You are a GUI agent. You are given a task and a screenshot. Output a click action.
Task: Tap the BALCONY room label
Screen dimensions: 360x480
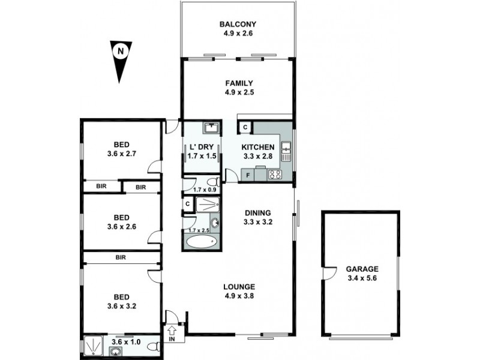click(238, 25)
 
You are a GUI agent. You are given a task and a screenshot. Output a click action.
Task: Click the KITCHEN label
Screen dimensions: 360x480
click(258, 148)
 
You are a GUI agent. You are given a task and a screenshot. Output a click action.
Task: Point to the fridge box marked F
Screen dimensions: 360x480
click(245, 175)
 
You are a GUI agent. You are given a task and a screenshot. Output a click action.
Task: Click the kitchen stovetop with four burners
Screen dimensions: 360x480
click(275, 175)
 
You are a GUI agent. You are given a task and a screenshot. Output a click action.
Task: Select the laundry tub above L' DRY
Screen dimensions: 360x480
click(211, 128)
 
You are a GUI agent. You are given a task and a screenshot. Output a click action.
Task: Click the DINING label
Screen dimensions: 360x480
click(258, 212)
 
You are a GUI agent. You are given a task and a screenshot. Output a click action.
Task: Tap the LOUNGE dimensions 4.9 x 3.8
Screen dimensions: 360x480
click(241, 295)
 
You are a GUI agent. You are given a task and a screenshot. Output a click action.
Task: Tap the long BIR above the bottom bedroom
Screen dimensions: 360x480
click(121, 257)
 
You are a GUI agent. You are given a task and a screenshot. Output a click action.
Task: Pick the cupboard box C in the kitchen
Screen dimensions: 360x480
click(245, 127)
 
